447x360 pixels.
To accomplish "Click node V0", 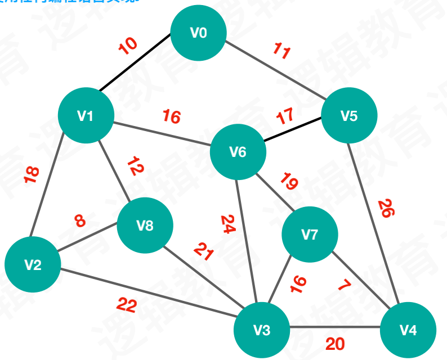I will click(x=198, y=33).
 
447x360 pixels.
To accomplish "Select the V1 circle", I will click(x=86, y=116).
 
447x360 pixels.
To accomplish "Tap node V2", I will click(x=33, y=264).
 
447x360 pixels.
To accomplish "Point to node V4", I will click(x=408, y=330).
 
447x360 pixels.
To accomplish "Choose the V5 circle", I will click(x=349, y=116).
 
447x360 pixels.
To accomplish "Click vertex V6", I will click(x=238, y=152).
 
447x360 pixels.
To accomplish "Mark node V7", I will click(x=309, y=235).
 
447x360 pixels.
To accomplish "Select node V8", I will click(x=145, y=226).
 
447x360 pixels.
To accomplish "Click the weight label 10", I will click(x=128, y=46).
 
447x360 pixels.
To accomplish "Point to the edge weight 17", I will click(x=285, y=118).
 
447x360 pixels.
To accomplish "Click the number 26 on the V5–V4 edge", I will click(x=386, y=208).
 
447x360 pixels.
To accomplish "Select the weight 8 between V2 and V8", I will click(x=80, y=220).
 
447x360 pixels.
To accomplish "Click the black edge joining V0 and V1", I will click(x=135, y=63).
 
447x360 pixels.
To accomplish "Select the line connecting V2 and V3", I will click(x=146, y=298).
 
